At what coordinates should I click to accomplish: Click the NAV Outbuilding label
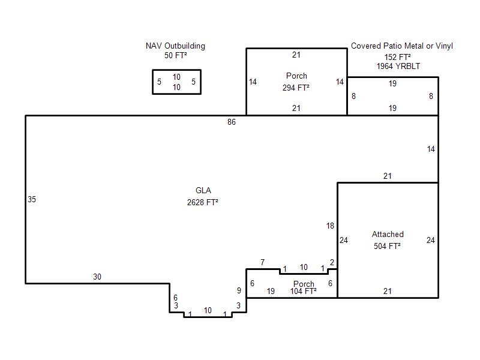[175, 46]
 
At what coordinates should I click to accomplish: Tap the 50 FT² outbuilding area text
[175, 55]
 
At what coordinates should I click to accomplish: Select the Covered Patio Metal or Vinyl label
[401, 46]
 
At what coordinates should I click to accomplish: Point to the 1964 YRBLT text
[398, 66]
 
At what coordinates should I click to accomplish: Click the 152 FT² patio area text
[398, 57]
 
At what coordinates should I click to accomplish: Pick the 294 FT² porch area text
[296, 88]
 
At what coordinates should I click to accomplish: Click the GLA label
[203, 190]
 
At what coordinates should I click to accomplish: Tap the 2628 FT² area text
[203, 202]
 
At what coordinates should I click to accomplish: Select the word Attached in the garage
[388, 234]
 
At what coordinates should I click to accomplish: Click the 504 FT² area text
[387, 246]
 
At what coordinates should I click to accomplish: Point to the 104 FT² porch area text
[304, 291]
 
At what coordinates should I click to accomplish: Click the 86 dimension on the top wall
[232, 122]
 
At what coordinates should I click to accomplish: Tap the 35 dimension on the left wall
[32, 200]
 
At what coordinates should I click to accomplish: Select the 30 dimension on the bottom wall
[97, 277]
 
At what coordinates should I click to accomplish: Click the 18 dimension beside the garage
[330, 226]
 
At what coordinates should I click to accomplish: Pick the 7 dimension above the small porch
[262, 262]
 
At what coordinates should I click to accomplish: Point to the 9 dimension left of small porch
[239, 290]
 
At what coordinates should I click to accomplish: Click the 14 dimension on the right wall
[431, 149]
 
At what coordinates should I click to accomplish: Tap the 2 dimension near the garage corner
[332, 262]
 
